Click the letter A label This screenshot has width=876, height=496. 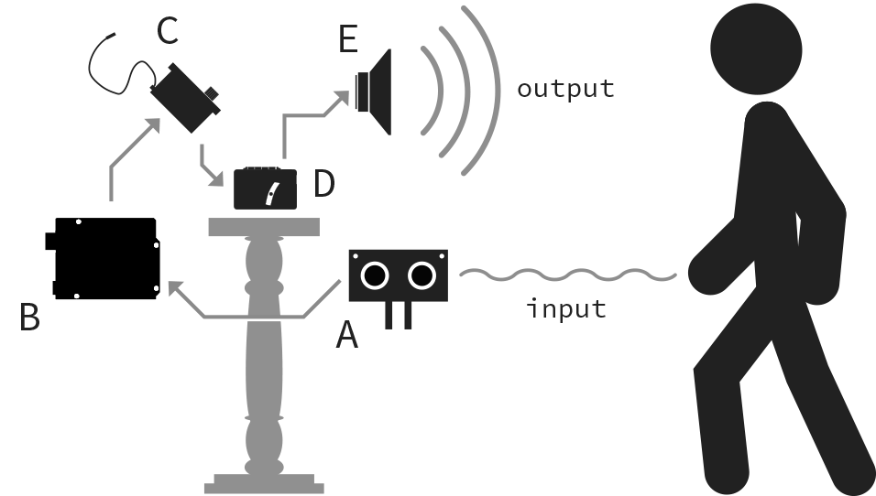(x=346, y=335)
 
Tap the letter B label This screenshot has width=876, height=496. (x=29, y=317)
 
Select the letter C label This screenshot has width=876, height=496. (x=167, y=30)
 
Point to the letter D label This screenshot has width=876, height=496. (x=324, y=183)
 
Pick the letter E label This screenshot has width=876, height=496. (x=347, y=40)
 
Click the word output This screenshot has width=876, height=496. (x=564, y=89)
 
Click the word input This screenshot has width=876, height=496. (x=566, y=308)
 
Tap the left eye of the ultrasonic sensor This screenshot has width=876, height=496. (x=374, y=274)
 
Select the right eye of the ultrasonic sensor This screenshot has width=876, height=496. (x=422, y=274)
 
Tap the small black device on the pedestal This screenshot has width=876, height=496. (x=265, y=189)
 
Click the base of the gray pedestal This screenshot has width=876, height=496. (x=264, y=481)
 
